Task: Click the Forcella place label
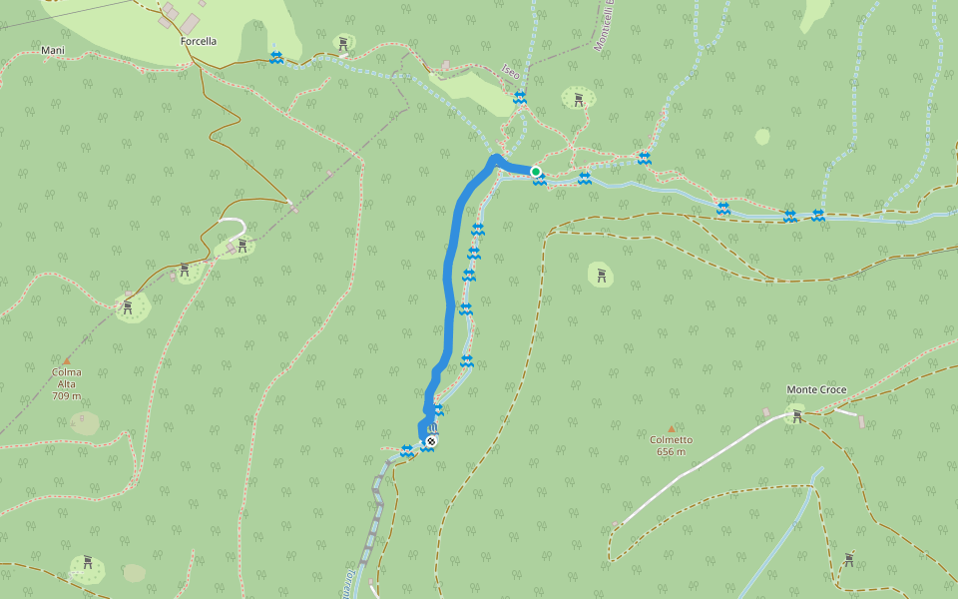[x=199, y=42]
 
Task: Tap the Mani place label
[x=53, y=50]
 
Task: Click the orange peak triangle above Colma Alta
[x=67, y=360]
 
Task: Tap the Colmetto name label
[x=671, y=439]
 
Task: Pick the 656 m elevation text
[x=671, y=452]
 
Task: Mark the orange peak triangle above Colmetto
[x=671, y=428]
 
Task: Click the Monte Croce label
[x=816, y=389]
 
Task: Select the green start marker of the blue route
[x=536, y=172]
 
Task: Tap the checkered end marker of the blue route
[x=431, y=440]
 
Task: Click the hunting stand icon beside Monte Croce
[x=796, y=415]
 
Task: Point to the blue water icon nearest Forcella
[x=276, y=58]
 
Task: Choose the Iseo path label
[x=510, y=73]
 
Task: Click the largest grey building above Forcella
[x=190, y=22]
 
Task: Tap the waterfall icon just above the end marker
[x=432, y=427]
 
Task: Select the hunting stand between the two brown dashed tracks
[x=601, y=275]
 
